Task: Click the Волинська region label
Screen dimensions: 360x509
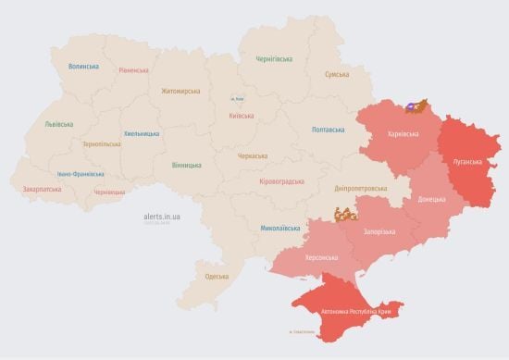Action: point(83,67)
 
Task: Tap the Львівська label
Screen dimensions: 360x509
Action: point(60,124)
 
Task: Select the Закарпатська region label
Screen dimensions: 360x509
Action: point(42,189)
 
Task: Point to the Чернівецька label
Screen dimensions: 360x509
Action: point(109,192)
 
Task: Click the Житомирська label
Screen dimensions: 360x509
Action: point(180,92)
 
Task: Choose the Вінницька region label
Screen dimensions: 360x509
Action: point(186,165)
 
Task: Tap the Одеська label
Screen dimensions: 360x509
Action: point(217,276)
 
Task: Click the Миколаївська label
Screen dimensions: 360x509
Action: point(280,227)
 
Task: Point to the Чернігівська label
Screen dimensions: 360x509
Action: point(276,58)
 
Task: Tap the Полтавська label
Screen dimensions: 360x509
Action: point(329,130)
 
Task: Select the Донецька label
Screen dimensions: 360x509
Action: point(431,199)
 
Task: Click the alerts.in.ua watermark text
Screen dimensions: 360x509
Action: point(162,216)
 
